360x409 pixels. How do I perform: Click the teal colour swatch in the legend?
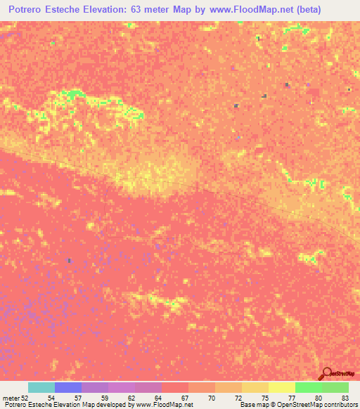(41, 387)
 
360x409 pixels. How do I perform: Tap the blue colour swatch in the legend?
(67, 387)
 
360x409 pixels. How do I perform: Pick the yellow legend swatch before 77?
(255, 387)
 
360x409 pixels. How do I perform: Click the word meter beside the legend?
(11, 397)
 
